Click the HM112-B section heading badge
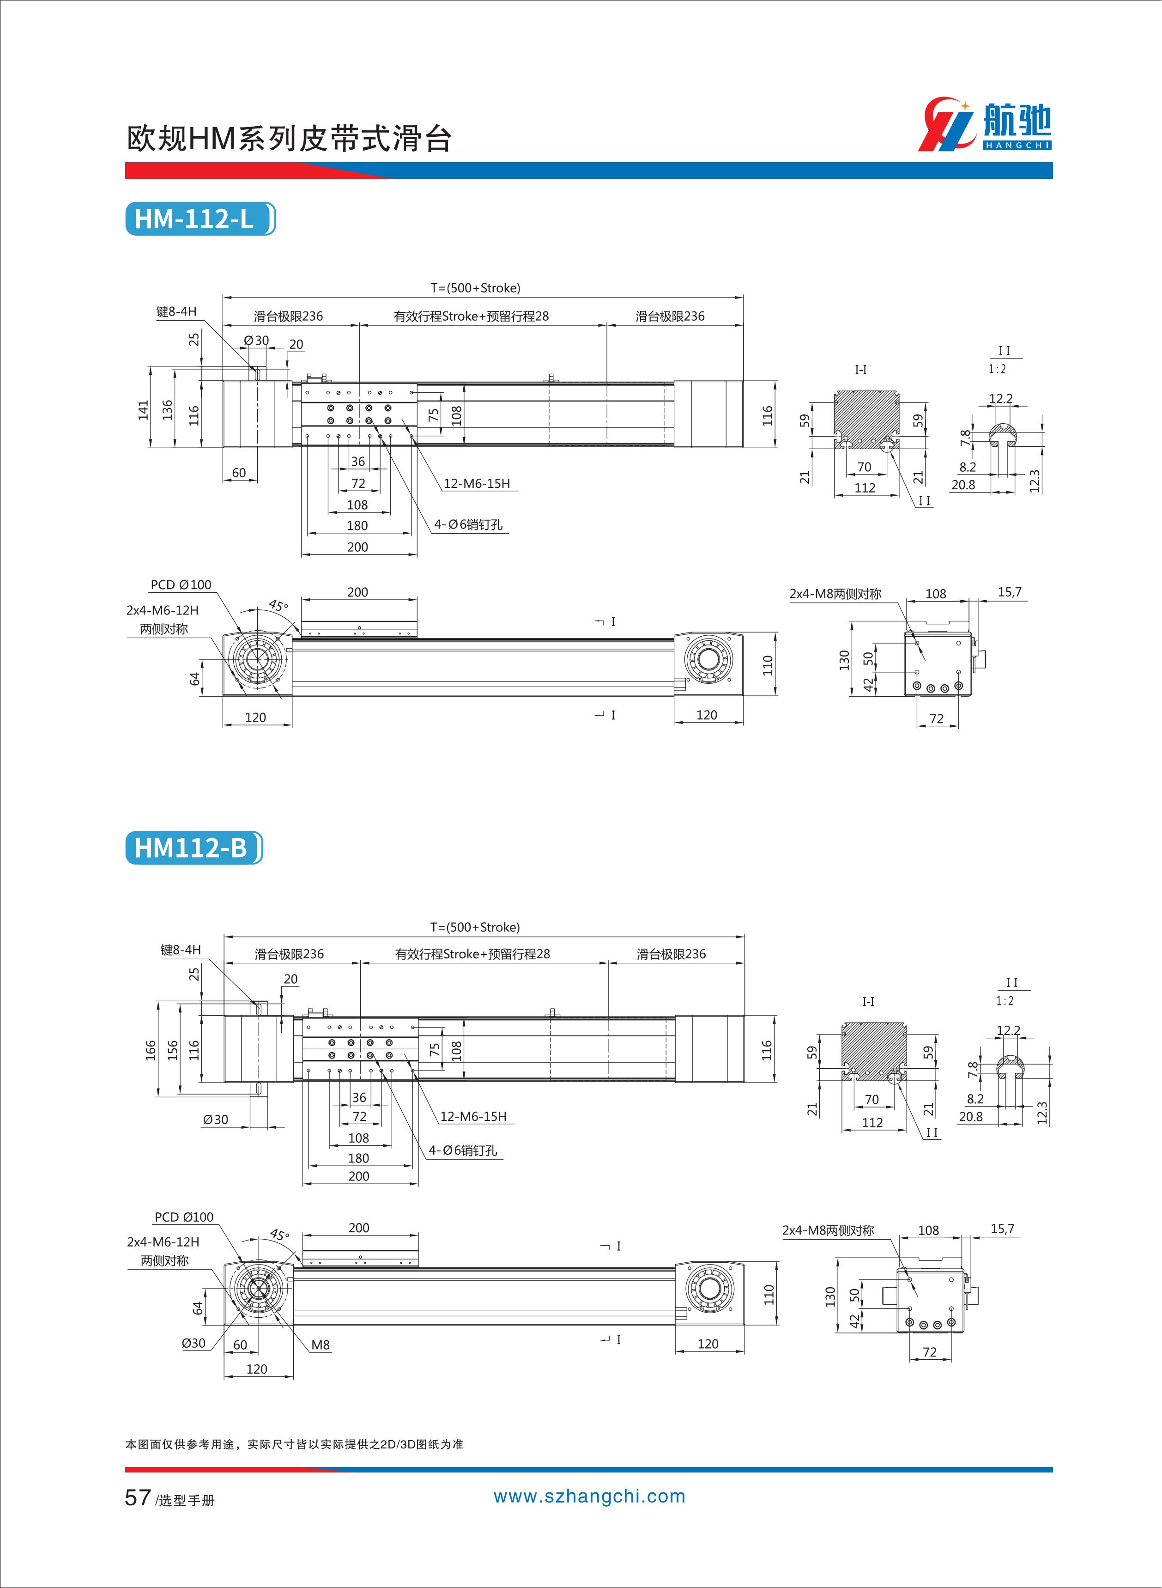coord(194,848)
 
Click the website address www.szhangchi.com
coord(589,1496)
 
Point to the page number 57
coord(137,1497)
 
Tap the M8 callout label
coord(320,1345)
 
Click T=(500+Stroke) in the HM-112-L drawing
coord(476,288)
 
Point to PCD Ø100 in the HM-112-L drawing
coord(181,584)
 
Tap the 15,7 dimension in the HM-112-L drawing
coord(1010,592)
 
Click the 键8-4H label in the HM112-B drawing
coord(181,950)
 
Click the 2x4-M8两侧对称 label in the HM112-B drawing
coord(828,1230)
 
